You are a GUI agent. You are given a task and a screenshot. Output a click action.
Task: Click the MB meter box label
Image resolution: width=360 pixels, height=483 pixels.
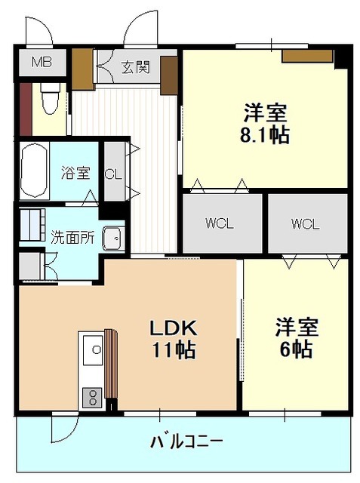click(42, 63)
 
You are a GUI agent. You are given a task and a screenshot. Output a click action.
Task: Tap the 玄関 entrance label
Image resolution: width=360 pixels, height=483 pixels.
click(136, 67)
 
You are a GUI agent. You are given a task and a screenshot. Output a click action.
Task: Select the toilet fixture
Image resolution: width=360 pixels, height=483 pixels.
click(51, 98)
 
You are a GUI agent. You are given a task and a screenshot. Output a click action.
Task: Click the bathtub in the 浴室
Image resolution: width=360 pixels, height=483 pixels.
click(35, 171)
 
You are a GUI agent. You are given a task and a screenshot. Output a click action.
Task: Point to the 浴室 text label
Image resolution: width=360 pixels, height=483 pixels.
click(75, 173)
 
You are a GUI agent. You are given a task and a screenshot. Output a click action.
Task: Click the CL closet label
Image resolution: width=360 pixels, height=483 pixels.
click(113, 174)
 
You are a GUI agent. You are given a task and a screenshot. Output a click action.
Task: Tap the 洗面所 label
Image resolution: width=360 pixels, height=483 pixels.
click(72, 238)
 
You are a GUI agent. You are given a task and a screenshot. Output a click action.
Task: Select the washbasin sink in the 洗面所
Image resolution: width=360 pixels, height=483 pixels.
click(113, 238)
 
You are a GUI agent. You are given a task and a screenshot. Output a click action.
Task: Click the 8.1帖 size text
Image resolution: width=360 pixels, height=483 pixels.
click(265, 135)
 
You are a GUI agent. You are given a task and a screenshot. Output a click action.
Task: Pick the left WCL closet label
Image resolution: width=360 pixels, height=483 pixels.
click(220, 223)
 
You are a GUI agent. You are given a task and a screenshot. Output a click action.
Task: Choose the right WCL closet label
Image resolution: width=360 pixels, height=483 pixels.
click(305, 224)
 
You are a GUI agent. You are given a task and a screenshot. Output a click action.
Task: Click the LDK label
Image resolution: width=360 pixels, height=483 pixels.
click(173, 328)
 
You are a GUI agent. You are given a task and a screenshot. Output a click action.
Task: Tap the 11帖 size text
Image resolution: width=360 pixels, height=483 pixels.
click(174, 350)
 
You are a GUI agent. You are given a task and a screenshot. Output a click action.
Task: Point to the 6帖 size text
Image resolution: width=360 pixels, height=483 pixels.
click(296, 349)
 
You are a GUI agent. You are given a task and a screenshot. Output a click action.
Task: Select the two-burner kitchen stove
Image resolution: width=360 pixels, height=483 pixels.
click(92, 398)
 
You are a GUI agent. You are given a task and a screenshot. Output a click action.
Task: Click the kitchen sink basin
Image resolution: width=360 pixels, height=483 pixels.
click(93, 350)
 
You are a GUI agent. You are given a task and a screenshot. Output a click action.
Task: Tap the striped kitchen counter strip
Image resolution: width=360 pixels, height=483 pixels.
click(111, 364)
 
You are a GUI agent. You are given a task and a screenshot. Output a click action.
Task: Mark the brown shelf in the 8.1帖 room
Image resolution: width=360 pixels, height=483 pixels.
click(308, 56)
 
